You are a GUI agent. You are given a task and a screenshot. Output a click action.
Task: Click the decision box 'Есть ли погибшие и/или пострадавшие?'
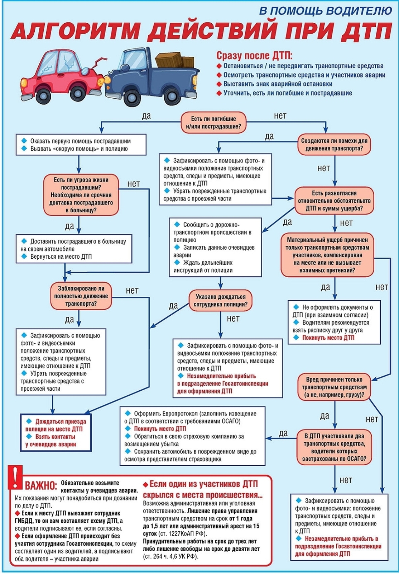[x=213, y=122]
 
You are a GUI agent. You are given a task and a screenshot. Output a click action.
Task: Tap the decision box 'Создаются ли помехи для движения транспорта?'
[x=334, y=144]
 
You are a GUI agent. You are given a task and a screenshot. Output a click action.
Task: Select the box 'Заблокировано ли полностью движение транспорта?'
[x=81, y=296]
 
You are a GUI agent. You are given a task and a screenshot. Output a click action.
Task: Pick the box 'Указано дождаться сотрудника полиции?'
[x=221, y=300]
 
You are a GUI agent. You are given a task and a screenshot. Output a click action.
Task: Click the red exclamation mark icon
[x=15, y=477]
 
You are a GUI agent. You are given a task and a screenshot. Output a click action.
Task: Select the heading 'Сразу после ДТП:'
[x=254, y=55]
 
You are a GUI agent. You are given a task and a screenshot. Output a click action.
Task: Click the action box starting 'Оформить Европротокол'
[x=192, y=436]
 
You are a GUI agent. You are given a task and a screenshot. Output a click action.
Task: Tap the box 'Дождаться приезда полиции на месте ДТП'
[x=56, y=433]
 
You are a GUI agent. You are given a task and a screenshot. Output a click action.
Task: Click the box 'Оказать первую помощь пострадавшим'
[x=81, y=145]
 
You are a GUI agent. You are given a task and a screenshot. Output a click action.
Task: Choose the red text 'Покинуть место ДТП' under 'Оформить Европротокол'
[x=160, y=428]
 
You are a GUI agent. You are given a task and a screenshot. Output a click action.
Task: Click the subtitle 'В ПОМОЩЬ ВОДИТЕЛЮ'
[x=325, y=11]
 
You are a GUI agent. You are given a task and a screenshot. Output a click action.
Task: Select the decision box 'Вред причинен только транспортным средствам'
[x=334, y=387]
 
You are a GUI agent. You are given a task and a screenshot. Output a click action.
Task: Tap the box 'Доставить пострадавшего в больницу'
[x=74, y=249]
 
